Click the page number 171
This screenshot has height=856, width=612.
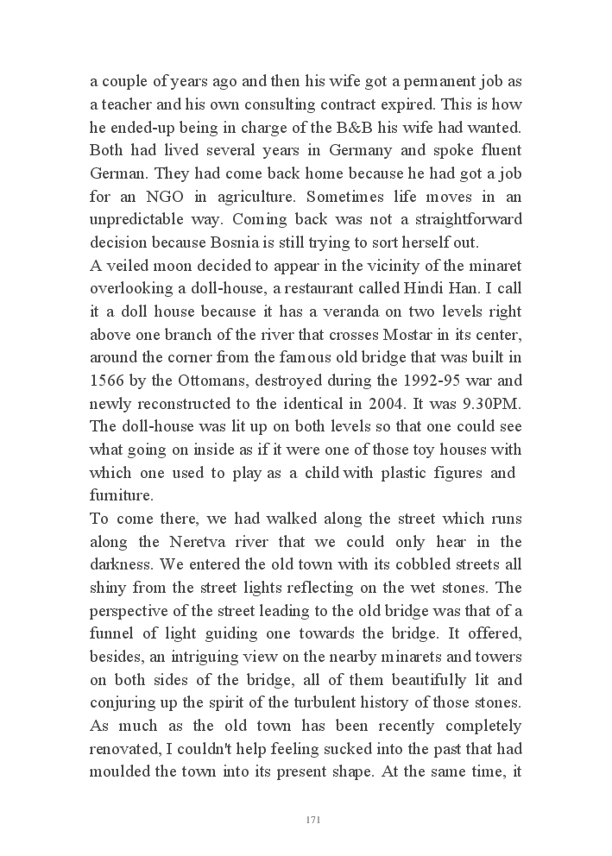(313, 820)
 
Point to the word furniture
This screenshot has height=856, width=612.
(121, 496)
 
